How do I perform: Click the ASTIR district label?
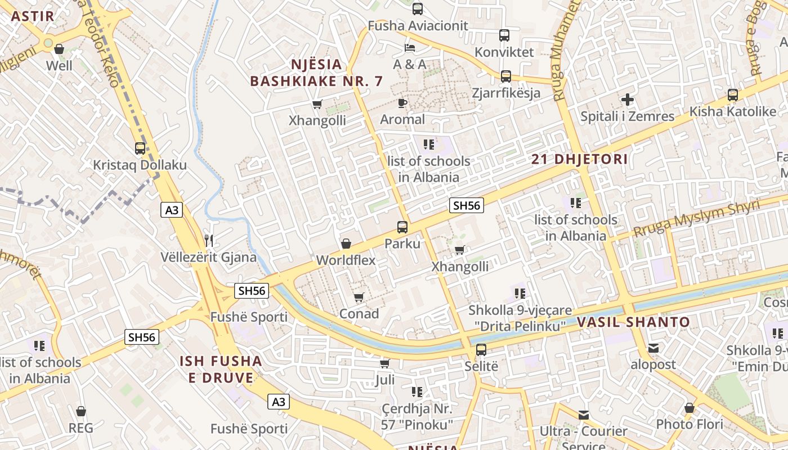(x=33, y=16)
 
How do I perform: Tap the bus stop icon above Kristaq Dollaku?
(x=140, y=148)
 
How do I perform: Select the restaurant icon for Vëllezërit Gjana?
(x=209, y=241)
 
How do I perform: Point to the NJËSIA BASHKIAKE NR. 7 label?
(x=316, y=73)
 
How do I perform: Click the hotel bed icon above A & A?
(x=410, y=48)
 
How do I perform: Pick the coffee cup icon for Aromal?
(x=402, y=102)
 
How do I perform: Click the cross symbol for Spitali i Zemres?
(x=628, y=100)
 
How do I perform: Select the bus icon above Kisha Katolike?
(x=732, y=94)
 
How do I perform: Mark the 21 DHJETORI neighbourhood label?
(x=580, y=159)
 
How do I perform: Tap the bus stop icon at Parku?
(x=402, y=227)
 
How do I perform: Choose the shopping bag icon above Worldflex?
(x=346, y=244)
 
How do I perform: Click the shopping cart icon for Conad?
(x=359, y=297)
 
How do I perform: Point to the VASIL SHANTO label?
(x=633, y=322)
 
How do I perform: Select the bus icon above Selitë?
(x=481, y=349)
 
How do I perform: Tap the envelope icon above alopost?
(x=653, y=348)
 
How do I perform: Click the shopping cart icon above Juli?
(x=385, y=363)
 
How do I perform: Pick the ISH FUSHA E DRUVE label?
(x=221, y=369)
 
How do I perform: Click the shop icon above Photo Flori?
(x=689, y=408)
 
